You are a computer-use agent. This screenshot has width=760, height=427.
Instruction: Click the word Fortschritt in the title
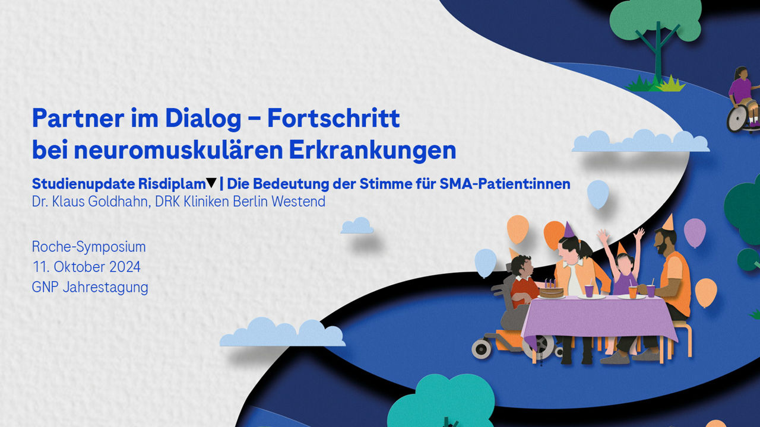[334, 118]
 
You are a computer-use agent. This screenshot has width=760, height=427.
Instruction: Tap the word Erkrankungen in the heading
[372, 150]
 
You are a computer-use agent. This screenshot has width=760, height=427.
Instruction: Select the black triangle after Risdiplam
[211, 183]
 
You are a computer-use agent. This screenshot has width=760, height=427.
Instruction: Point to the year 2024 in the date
[125, 267]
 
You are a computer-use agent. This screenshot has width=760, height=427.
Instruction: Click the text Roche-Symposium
[89, 247]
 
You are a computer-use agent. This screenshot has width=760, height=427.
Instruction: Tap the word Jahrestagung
[106, 288]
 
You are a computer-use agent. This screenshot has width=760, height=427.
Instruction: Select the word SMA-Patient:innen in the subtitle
[505, 184]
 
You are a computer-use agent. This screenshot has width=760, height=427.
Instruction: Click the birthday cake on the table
[551, 291]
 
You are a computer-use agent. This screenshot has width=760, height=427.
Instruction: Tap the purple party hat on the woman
[569, 230]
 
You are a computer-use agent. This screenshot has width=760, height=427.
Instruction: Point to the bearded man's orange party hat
[669, 222]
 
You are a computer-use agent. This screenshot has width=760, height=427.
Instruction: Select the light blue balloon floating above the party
[598, 194]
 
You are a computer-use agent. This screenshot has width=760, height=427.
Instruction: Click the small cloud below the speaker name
[357, 226]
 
